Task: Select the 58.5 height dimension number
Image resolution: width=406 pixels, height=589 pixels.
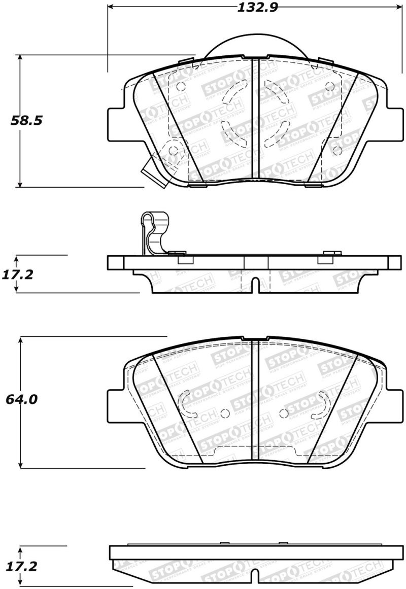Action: point(24,121)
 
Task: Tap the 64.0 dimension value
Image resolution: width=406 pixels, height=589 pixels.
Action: point(21,399)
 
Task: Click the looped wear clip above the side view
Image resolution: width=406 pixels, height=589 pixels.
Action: point(150,231)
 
